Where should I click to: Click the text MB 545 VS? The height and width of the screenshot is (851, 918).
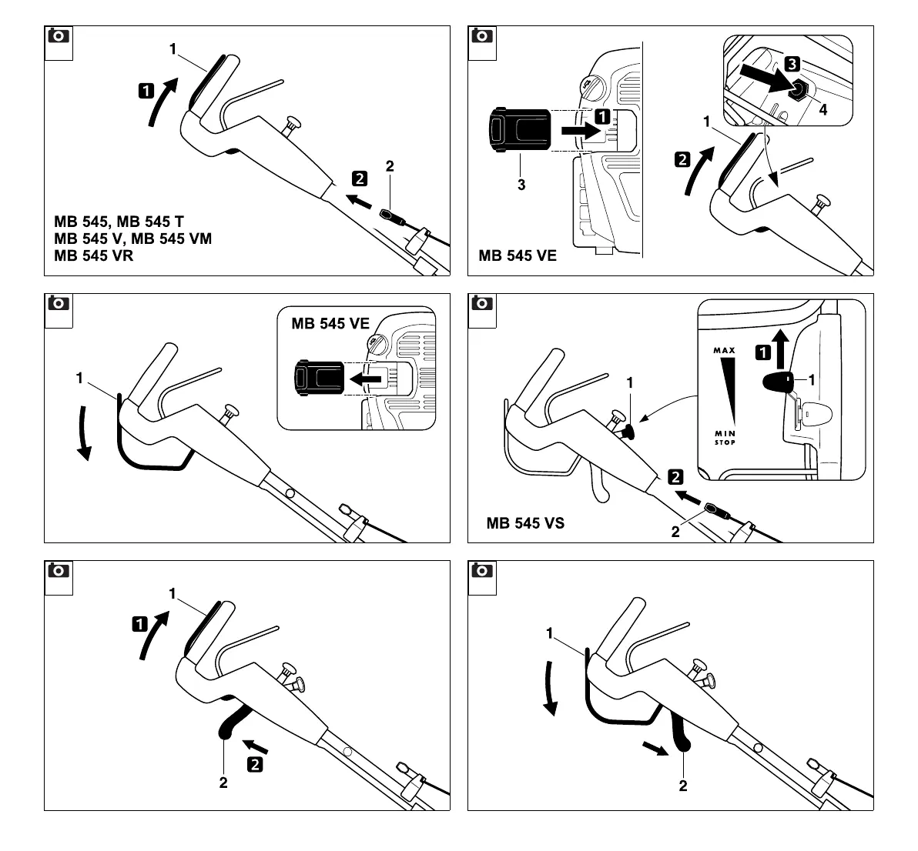coord(525,523)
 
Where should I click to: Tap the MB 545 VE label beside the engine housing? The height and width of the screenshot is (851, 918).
coord(518,255)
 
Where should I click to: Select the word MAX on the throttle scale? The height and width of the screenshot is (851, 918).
coord(724,351)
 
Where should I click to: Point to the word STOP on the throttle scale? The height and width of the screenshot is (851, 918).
coord(724,442)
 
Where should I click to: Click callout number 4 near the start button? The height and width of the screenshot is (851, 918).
coord(823,110)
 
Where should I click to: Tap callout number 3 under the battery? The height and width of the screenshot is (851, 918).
coord(521,185)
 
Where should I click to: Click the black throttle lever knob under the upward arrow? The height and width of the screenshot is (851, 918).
coord(779,381)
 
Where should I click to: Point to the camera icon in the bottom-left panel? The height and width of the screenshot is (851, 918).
coord(59,571)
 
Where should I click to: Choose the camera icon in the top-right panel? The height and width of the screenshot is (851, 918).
coord(483,35)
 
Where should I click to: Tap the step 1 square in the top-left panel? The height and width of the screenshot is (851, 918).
coord(146,91)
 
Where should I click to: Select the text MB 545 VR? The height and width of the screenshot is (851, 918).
coord(93,255)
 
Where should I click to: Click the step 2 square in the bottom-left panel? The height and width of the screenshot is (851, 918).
coord(255,764)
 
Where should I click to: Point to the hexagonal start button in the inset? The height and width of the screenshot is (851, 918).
coord(800,91)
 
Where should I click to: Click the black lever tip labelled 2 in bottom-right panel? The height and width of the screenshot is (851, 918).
coord(682,742)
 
